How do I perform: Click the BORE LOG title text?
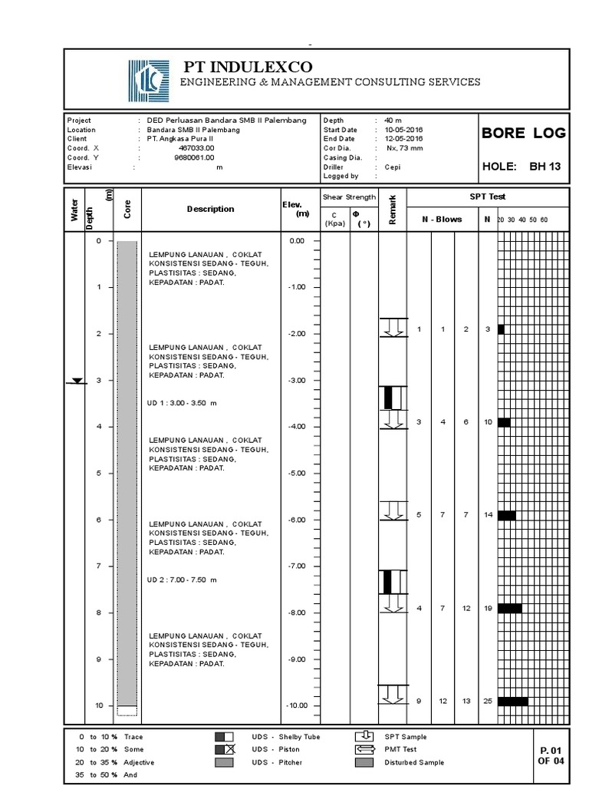pyautogui.click(x=523, y=133)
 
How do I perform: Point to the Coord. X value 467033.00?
pyautogui.click(x=196, y=147)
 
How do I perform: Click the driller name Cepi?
pyautogui.click(x=393, y=167)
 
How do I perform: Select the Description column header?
pyautogui.click(x=211, y=209)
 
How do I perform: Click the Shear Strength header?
pyautogui.click(x=349, y=197)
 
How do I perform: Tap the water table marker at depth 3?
pyautogui.click(x=77, y=381)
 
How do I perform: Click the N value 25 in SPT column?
pyautogui.click(x=488, y=701)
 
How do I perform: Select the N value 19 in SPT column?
pyautogui.click(x=488, y=608)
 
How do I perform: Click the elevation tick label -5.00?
pyautogui.click(x=296, y=474)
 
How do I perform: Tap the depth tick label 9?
pyautogui.click(x=98, y=659)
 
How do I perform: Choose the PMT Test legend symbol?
pyautogui.click(x=364, y=749)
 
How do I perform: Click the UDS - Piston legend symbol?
pyautogui.click(x=225, y=749)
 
